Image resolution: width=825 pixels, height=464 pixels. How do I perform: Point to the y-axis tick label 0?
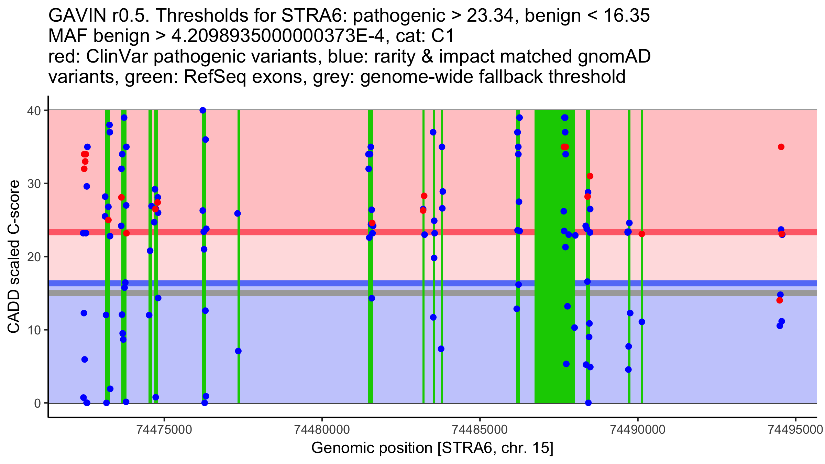click(37, 403)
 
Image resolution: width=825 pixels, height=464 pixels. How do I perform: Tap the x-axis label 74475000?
click(164, 430)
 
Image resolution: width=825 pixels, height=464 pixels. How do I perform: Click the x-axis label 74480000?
click(322, 430)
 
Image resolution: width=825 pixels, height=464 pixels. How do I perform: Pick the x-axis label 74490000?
click(638, 430)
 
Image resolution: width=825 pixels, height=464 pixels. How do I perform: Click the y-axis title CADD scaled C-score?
click(14, 257)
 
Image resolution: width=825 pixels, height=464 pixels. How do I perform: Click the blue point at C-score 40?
click(203, 110)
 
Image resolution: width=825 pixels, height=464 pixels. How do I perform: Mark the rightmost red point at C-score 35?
click(781, 147)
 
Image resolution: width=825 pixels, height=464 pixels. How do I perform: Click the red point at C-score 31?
click(590, 176)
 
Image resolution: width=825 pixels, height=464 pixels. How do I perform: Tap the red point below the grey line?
click(780, 300)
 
